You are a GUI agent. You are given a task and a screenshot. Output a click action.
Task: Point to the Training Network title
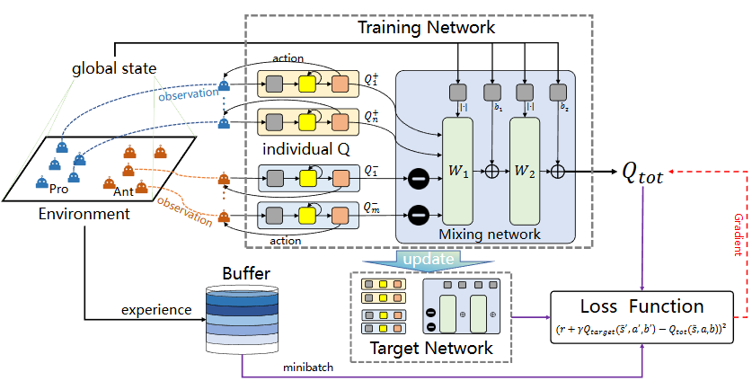pyautogui.click(x=426, y=28)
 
